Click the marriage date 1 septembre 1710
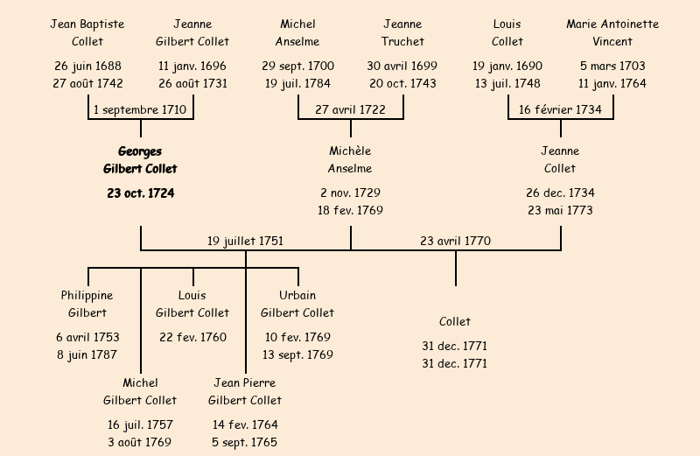coord(141,109)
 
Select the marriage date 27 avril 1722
coord(350,109)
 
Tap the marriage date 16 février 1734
coord(560,109)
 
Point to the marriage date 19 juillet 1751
coord(245,241)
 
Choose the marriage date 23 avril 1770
coord(455,241)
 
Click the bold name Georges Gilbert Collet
coord(140,160)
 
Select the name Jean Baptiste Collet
coord(87,32)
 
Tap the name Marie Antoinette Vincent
coord(612,32)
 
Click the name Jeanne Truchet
coord(402,32)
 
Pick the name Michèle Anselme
coord(350,160)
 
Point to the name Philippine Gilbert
coord(87,304)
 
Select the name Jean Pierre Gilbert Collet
coord(245,391)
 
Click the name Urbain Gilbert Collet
coord(297,304)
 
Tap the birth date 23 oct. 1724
coord(140,193)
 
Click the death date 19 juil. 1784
coord(297,84)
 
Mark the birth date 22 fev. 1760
coord(192,337)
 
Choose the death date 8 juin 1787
coord(87,354)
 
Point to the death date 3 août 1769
coord(140,442)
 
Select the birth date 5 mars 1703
coord(612,66)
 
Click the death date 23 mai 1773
coord(560,210)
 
